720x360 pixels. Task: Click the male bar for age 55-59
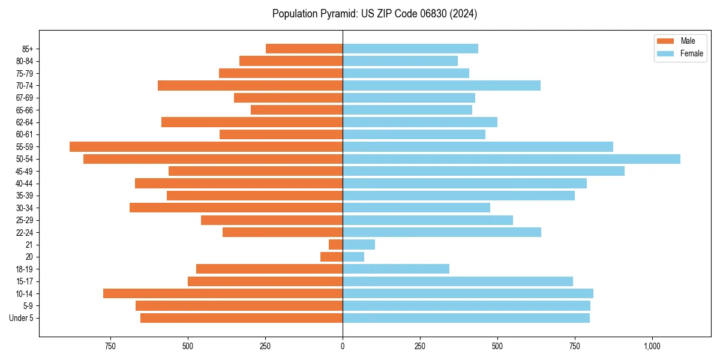point(206,146)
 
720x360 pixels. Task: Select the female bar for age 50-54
point(511,159)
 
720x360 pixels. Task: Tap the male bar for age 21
point(336,244)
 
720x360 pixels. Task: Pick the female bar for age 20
point(353,257)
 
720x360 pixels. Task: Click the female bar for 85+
point(410,49)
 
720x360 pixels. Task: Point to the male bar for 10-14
point(223,293)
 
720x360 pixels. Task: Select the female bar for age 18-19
point(396,269)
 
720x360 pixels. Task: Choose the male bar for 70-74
point(250,85)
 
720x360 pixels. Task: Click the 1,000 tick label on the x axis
point(652,346)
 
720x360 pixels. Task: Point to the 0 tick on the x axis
point(343,346)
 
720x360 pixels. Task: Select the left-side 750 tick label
point(110,346)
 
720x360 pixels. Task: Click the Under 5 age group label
point(22,318)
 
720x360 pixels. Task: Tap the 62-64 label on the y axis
point(25,122)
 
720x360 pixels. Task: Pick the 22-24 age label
point(25,232)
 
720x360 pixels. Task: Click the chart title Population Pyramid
point(374,14)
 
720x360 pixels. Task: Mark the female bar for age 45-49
point(484,171)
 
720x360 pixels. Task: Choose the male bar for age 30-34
point(236,208)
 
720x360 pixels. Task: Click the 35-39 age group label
point(25,196)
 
